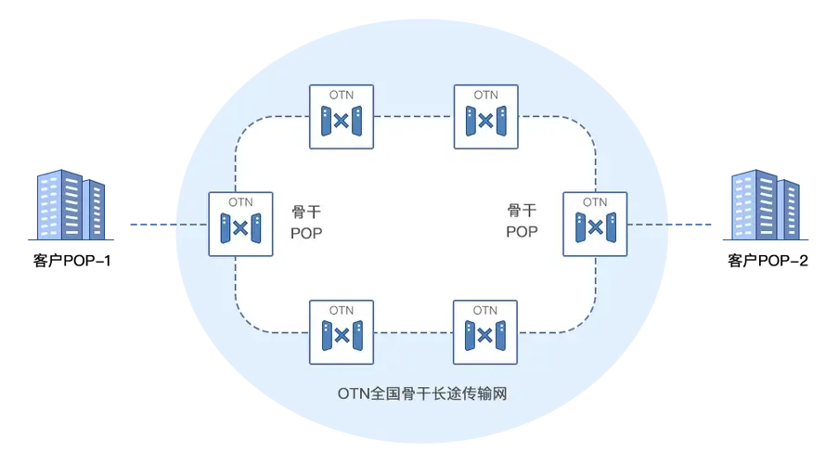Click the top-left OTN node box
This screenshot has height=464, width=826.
[342, 117]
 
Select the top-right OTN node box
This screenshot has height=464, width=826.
[485, 117]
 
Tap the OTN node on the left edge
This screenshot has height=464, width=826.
[240, 225]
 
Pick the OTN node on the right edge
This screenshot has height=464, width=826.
[595, 225]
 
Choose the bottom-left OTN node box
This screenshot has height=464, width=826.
[342, 331]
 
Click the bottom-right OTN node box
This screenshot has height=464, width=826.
[485, 331]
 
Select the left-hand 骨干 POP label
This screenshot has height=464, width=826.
[306, 222]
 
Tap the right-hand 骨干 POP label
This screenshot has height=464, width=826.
[522, 222]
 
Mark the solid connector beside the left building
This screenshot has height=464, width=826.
[148, 225]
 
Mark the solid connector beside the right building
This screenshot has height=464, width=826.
[691, 225]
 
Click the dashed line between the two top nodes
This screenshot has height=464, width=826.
[413, 117]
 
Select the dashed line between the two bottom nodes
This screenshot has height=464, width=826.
[413, 331]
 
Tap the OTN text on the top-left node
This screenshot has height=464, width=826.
[342, 96]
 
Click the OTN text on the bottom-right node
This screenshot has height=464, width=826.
[485, 310]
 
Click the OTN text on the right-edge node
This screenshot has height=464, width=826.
[595, 202]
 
